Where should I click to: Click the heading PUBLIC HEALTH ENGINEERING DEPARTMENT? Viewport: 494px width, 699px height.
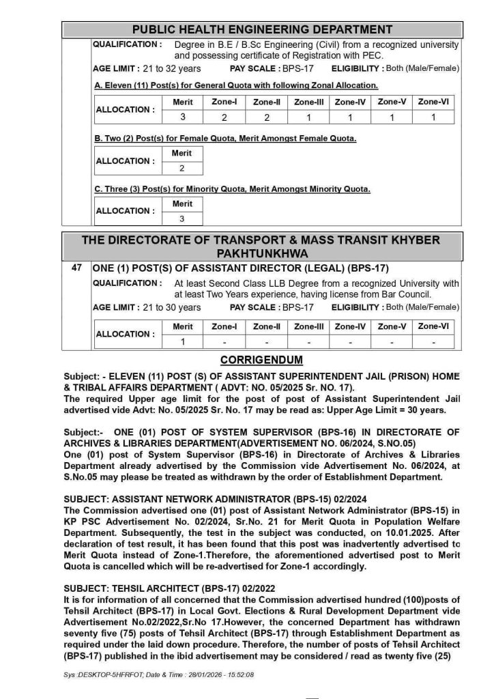[x=262, y=29]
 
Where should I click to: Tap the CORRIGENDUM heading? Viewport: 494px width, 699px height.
[x=261, y=360]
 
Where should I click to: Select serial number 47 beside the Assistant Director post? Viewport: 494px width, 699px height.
[x=76, y=268]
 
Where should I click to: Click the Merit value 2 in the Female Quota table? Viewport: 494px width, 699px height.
[x=181, y=168]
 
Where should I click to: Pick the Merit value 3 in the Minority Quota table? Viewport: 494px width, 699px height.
[x=181, y=219]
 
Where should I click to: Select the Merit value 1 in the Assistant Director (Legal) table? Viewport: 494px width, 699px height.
[x=182, y=341]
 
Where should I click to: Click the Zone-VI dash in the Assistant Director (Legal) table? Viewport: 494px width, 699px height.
[x=433, y=341]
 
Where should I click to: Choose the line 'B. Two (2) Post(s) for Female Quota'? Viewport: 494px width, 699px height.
[x=224, y=139]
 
